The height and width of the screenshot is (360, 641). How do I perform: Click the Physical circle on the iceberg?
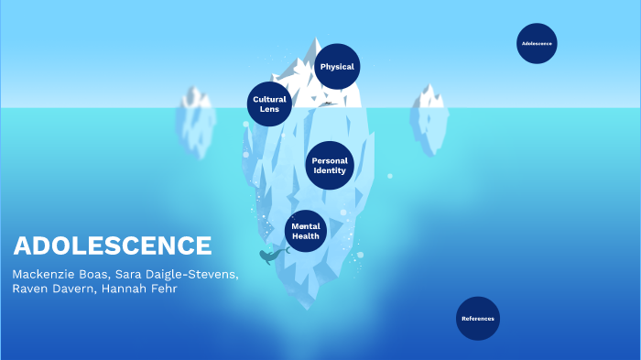point(337,67)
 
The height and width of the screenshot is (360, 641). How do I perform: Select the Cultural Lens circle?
point(269,104)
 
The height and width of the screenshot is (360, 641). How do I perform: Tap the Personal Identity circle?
point(330,166)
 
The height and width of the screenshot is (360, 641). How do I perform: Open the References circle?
point(478,319)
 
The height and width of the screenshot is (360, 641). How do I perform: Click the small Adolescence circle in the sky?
point(537,43)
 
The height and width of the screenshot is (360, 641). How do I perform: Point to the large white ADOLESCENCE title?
point(113,245)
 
